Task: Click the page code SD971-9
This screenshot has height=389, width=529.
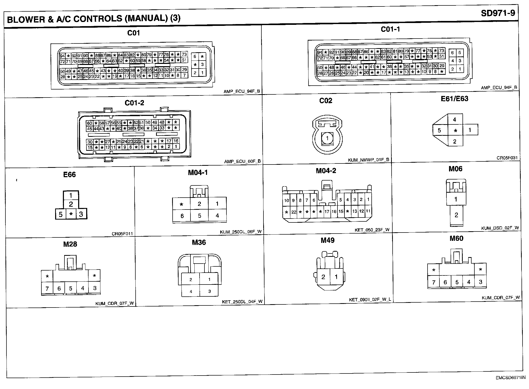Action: [498, 13]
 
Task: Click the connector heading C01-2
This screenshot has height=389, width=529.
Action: [134, 103]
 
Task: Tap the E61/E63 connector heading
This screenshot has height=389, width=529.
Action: [454, 99]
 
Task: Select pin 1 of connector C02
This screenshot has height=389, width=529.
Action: [327, 138]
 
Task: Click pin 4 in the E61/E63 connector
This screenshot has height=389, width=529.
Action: [455, 119]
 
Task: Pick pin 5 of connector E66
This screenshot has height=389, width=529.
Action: [61, 214]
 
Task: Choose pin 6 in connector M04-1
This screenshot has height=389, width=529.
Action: [182, 216]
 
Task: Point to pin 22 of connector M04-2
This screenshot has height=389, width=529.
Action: [294, 212]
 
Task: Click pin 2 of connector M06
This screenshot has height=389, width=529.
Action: [456, 215]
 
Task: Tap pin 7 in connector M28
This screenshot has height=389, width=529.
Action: [47, 288]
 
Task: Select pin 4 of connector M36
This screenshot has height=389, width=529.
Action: [191, 291]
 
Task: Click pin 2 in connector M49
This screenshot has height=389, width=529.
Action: [323, 277]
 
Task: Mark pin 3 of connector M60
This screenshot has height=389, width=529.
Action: [481, 282]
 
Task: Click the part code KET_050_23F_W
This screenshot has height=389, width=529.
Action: [372, 230]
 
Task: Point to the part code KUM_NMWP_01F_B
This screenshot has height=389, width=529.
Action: [369, 160]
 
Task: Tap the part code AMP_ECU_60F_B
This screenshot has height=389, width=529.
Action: [242, 162]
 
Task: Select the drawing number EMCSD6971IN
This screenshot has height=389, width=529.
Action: [509, 385]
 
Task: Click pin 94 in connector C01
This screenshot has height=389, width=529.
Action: [62, 56]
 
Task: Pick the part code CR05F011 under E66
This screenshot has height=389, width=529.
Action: [122, 234]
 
